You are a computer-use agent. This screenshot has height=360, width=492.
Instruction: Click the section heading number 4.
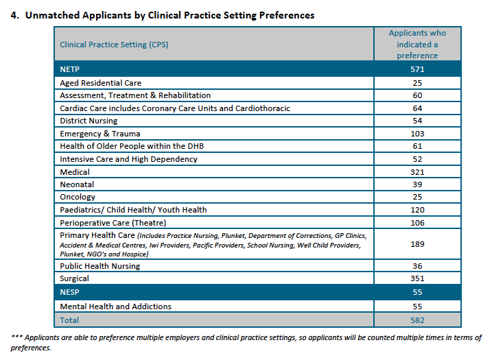click(x=14, y=15)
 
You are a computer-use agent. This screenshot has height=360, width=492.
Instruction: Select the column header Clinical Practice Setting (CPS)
click(x=114, y=45)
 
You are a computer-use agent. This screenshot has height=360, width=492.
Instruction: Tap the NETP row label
click(x=70, y=69)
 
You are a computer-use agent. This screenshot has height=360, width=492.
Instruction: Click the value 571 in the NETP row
click(x=417, y=69)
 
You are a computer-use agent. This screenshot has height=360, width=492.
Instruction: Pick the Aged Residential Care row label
click(x=100, y=83)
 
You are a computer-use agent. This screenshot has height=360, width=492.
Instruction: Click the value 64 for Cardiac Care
click(x=417, y=108)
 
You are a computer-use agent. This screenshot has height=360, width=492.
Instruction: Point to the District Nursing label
click(x=89, y=121)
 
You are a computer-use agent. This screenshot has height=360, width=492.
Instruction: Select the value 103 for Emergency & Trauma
click(x=417, y=134)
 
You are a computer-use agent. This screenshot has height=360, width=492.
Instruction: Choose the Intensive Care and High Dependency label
click(x=128, y=159)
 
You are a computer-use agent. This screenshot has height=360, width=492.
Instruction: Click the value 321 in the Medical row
click(x=417, y=172)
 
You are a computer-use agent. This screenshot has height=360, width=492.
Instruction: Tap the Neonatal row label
click(x=77, y=184)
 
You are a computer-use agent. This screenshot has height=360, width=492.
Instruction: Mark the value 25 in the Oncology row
click(x=417, y=197)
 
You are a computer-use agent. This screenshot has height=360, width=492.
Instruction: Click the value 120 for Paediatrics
click(x=417, y=210)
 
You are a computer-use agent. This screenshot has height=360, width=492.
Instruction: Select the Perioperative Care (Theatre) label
click(x=113, y=223)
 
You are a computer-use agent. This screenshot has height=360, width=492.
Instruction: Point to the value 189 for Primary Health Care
click(x=417, y=244)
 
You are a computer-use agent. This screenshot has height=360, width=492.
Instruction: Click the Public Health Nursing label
click(x=99, y=266)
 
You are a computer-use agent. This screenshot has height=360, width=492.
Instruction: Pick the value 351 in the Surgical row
click(x=417, y=278)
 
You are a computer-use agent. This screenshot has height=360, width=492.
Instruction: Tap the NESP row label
click(x=69, y=292)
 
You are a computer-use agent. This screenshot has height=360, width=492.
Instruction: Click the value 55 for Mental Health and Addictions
click(x=417, y=307)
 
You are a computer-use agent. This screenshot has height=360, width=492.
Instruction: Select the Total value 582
click(x=417, y=320)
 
